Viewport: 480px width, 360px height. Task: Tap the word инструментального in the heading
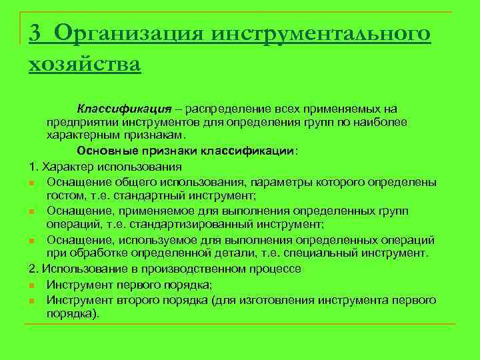(321, 33)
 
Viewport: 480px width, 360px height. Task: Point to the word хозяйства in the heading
(85, 65)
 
